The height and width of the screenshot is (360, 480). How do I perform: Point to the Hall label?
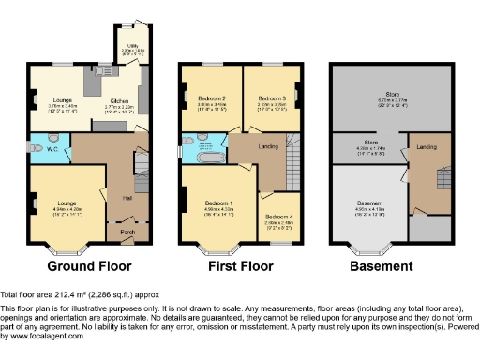pyautogui.click(x=126, y=197)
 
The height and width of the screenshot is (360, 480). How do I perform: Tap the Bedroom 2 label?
pyautogui.click(x=210, y=98)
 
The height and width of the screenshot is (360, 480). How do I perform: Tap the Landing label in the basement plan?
pyautogui.click(x=426, y=147)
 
